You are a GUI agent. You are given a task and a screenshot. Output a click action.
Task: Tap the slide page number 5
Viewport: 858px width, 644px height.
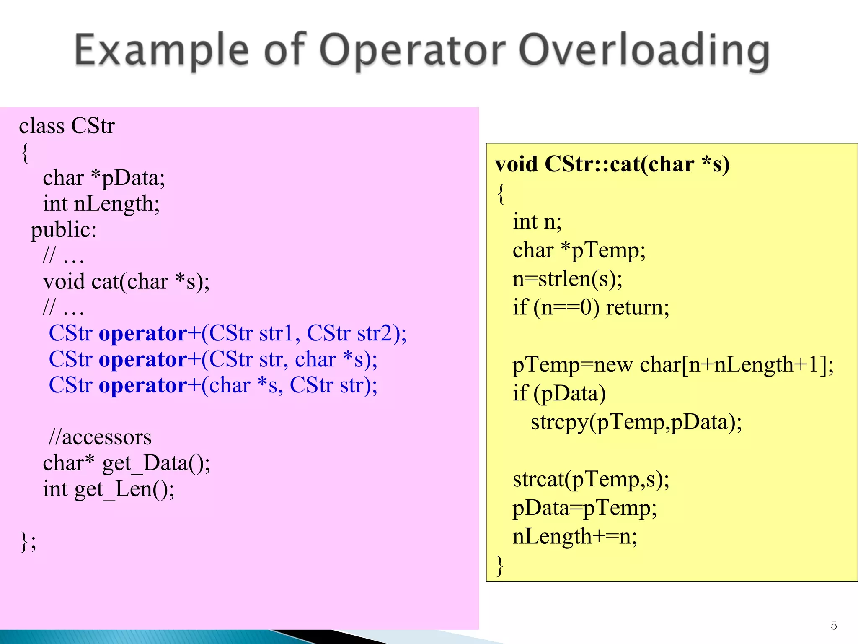834,625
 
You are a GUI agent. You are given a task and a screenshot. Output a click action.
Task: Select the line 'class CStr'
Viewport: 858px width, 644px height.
67,126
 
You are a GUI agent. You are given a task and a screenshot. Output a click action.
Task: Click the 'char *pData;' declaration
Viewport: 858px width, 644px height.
104,178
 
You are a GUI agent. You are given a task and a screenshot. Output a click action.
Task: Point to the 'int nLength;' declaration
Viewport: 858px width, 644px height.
101,204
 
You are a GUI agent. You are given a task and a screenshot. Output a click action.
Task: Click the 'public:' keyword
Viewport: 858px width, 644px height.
64,230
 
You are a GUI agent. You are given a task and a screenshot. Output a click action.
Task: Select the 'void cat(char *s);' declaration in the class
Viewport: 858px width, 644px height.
126,281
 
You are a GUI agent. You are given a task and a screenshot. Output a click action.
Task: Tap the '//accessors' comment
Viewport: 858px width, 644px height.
100,437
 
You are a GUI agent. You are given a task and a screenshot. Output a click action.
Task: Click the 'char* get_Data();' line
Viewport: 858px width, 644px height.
127,463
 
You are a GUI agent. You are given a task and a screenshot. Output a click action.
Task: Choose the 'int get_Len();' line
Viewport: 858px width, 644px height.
109,489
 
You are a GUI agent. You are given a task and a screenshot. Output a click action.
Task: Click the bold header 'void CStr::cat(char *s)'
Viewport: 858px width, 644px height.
612,164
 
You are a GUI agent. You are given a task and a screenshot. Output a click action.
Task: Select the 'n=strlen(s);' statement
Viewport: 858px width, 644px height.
567,279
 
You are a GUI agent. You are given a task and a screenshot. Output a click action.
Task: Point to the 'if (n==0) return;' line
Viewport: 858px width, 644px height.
591,307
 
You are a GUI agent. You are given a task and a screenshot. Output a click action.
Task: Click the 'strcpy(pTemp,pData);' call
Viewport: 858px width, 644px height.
636,422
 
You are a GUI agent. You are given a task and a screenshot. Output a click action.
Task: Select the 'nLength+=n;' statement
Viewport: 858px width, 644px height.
575,536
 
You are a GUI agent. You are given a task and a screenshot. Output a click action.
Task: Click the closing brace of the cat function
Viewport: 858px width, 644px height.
500,566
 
